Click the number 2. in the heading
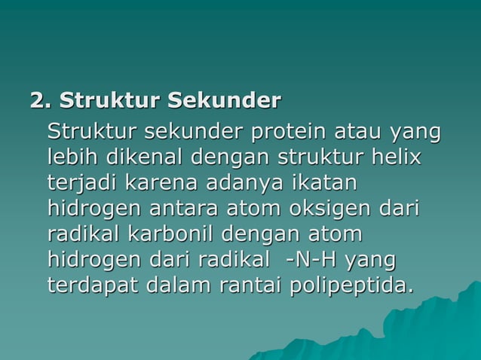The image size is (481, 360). click(41, 100)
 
